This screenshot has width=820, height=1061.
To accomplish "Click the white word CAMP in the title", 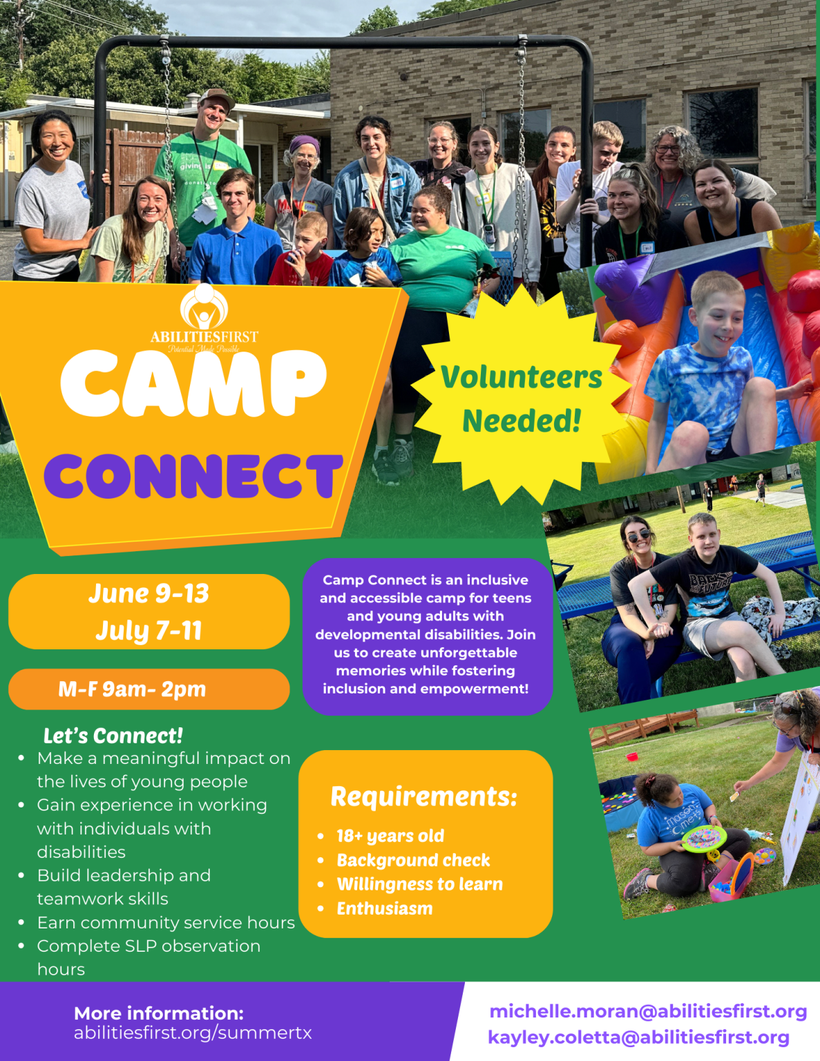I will [193, 383].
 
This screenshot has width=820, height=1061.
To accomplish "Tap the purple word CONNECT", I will [193, 477].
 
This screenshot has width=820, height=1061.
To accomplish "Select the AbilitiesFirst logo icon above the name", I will [204, 307].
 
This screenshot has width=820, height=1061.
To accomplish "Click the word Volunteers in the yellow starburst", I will [522, 377].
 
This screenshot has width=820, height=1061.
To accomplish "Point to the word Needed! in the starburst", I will [522, 421].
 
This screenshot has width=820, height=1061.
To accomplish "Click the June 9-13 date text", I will [149, 593].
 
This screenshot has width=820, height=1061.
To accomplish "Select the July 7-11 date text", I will [149, 631].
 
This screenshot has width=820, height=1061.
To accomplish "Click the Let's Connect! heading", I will [113, 736].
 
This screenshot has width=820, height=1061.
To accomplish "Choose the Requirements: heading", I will [424, 796].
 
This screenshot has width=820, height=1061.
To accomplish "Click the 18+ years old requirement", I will [390, 836].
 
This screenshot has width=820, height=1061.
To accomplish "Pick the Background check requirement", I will [413, 860].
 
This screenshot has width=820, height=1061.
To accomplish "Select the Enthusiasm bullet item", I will [385, 908].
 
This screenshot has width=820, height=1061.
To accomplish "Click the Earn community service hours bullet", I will [166, 923].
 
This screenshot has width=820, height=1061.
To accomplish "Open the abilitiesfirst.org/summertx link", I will [193, 1033].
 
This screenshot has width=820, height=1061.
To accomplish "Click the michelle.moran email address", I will [648, 1011].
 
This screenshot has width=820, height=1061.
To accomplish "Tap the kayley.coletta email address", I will [638, 1038].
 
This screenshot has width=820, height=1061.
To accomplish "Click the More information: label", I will [159, 1013].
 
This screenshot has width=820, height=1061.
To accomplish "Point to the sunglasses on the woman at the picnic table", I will [638, 535].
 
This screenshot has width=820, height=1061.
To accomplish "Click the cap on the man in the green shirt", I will [216, 97].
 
